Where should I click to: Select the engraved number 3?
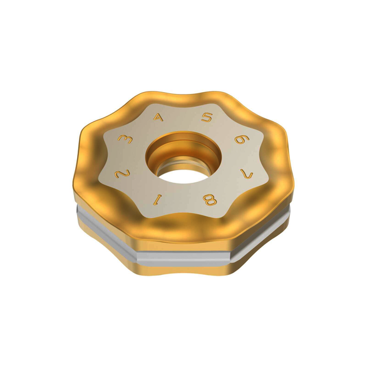click(125, 140)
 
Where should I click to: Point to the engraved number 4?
click(159, 117)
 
